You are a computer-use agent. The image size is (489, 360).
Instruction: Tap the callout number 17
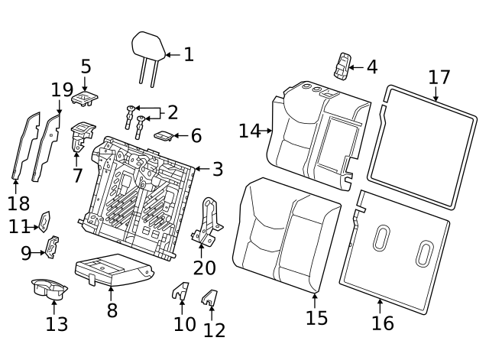(439, 77)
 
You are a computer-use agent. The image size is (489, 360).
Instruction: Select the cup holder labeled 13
(49, 290)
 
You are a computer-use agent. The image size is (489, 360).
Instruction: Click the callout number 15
(316, 318)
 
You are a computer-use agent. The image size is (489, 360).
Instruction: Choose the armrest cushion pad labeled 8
(111, 268)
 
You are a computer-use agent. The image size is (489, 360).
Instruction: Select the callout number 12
(215, 330)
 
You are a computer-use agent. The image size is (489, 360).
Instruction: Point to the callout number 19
(62, 90)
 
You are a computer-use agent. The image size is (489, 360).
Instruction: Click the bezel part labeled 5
(84, 96)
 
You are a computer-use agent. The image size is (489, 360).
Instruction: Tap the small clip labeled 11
(44, 222)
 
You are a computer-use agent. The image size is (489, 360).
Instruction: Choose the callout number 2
(173, 113)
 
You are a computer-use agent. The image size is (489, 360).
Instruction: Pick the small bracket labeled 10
(180, 293)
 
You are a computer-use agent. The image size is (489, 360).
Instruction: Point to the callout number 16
(382, 323)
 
